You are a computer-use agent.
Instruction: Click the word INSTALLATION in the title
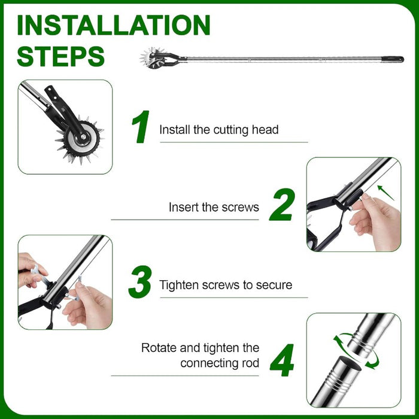click(x=114, y=25)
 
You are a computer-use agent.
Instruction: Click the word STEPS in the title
click(x=60, y=56)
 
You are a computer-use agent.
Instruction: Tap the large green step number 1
click(x=141, y=127)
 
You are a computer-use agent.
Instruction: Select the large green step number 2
click(x=283, y=205)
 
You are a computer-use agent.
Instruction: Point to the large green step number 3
click(x=140, y=282)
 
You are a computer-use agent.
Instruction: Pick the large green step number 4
click(x=282, y=360)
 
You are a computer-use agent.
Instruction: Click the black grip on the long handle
click(x=392, y=59)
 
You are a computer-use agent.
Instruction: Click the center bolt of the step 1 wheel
click(x=83, y=137)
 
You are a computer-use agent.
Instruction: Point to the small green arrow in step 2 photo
click(x=385, y=193)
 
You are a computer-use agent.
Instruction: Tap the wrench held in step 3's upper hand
click(x=40, y=275)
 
